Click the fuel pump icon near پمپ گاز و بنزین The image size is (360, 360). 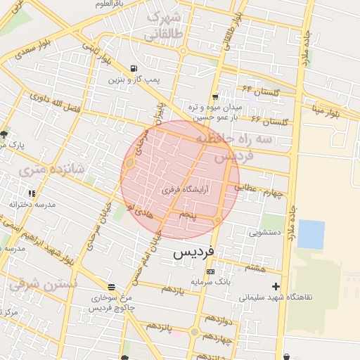(134, 69)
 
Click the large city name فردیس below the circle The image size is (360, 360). (197, 251)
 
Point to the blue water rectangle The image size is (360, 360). (311, 235)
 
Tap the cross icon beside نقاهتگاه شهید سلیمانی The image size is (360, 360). (276, 286)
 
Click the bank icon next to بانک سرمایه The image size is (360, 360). (210, 271)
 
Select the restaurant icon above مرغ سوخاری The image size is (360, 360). (112, 287)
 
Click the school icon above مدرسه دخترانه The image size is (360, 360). (32, 193)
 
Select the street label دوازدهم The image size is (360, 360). (215, 321)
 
